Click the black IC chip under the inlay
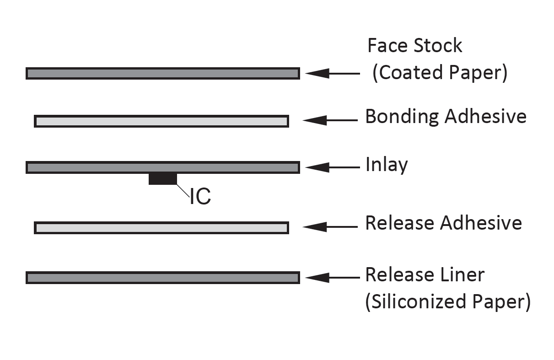point(162,179)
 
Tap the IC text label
point(200,196)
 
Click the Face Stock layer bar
point(162,73)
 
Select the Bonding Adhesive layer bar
point(161,121)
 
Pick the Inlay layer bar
point(162,167)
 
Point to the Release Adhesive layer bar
point(161,227)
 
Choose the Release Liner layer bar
point(162,278)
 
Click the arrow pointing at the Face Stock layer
point(332,73)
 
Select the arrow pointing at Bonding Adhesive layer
point(329,121)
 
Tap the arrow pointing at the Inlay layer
point(332,167)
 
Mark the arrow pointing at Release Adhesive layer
point(329,227)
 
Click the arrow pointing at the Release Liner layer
point(332,277)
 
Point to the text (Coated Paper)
point(440,73)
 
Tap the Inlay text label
point(387,165)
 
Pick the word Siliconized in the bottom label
point(419,302)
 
